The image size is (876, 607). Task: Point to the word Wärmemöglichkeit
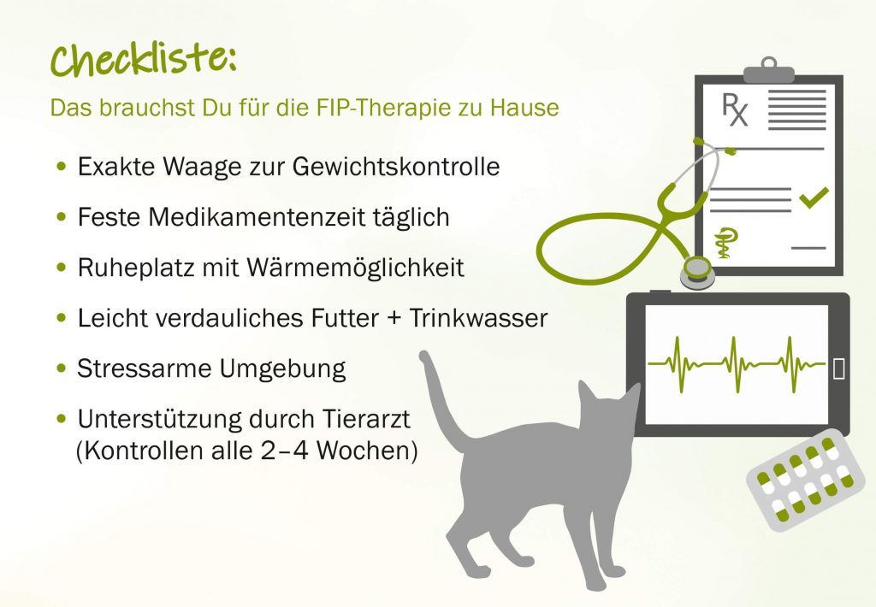coord(355,268)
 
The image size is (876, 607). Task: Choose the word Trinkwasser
coord(478,318)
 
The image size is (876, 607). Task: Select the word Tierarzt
coord(366,419)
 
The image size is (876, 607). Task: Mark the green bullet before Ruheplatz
coord(62,268)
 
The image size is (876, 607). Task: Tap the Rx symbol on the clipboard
coord(734,109)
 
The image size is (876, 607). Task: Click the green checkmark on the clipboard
coord(814,197)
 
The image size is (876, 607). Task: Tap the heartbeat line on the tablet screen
coord(737,364)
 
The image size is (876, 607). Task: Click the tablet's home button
coord(838,368)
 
